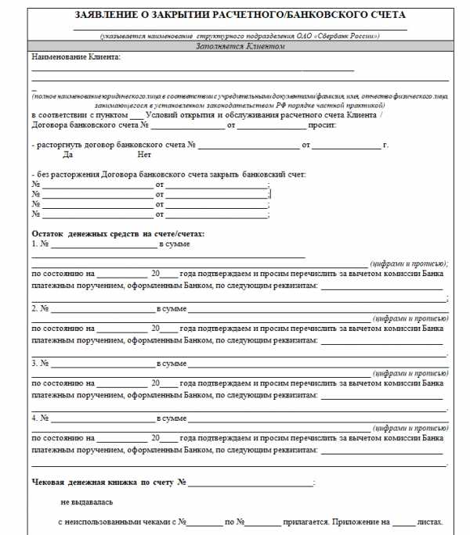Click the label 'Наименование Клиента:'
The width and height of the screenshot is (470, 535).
pos(76,58)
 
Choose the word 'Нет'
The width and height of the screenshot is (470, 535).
pos(143,155)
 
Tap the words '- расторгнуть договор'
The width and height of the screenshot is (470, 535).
pos(70,145)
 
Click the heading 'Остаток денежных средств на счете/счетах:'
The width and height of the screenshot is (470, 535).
pos(117,234)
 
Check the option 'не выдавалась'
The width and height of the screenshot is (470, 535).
pos(87,502)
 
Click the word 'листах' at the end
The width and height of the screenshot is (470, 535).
pos(430,521)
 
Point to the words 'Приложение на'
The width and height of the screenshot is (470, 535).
pos(364,521)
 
